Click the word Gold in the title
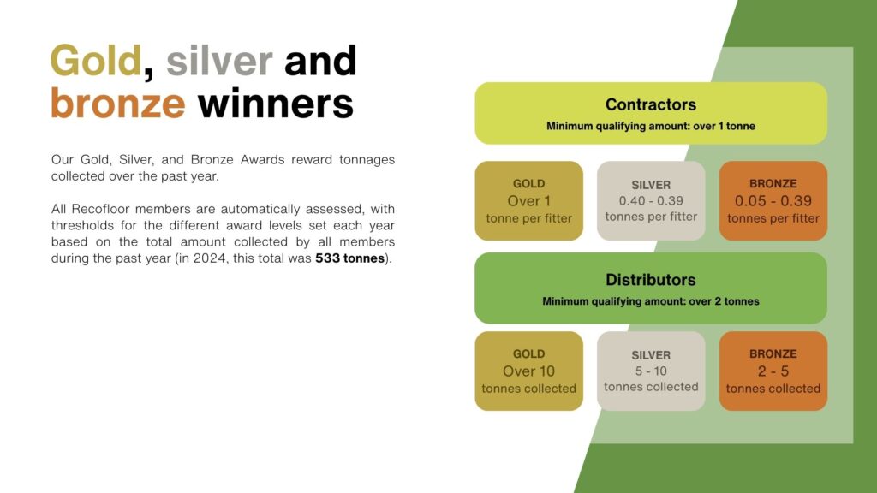tap(96, 61)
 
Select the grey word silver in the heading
tap(219, 61)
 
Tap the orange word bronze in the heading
tap(118, 104)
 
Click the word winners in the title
tap(276, 104)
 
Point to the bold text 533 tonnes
tap(349, 258)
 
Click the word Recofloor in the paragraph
tap(101, 209)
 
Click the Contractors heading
tap(651, 104)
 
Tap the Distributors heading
tap(651, 280)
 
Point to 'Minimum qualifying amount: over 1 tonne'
tap(651, 127)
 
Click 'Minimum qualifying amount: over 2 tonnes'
tap(651, 301)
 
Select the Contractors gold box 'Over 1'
tap(529, 201)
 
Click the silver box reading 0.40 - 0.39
tap(651, 201)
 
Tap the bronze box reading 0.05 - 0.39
tap(773, 201)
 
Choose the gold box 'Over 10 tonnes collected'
tap(529, 371)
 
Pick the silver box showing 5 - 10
tap(651, 371)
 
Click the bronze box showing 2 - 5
tap(773, 371)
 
